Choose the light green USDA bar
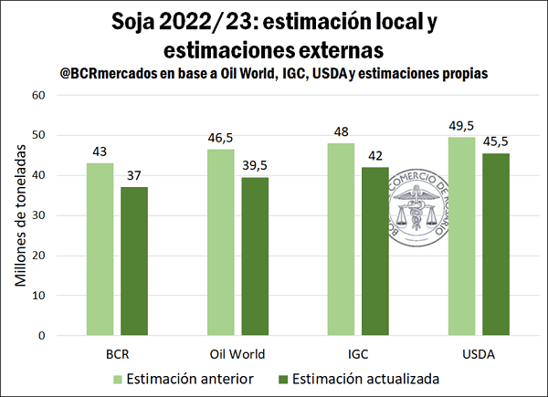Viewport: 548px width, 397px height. (462, 236)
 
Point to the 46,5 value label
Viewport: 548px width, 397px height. (221, 138)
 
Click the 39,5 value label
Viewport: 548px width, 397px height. (256, 166)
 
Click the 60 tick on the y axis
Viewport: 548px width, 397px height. (39, 95)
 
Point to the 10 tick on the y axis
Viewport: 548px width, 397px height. (39, 296)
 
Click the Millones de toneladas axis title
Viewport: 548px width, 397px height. (20, 215)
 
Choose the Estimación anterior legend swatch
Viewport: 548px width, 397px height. (116, 377)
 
